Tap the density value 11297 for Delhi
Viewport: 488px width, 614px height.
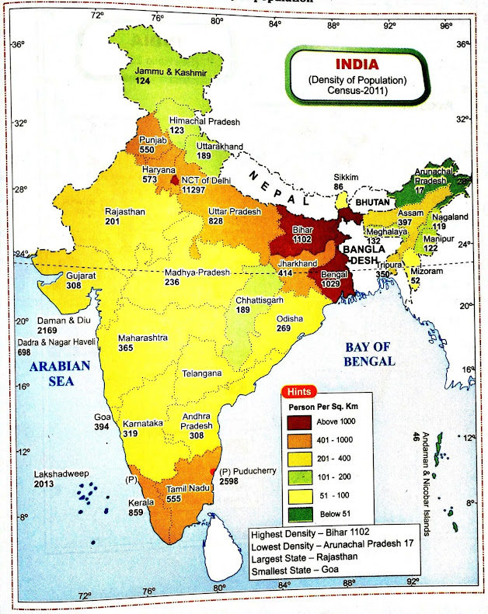(x=197, y=189)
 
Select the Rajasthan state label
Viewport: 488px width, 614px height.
(x=128, y=210)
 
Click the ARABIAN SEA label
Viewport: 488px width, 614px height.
(x=60, y=373)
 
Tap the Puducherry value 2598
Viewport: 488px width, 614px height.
(x=239, y=482)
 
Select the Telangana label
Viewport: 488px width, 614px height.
(x=202, y=373)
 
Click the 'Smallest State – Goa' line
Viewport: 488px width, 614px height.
(x=300, y=571)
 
